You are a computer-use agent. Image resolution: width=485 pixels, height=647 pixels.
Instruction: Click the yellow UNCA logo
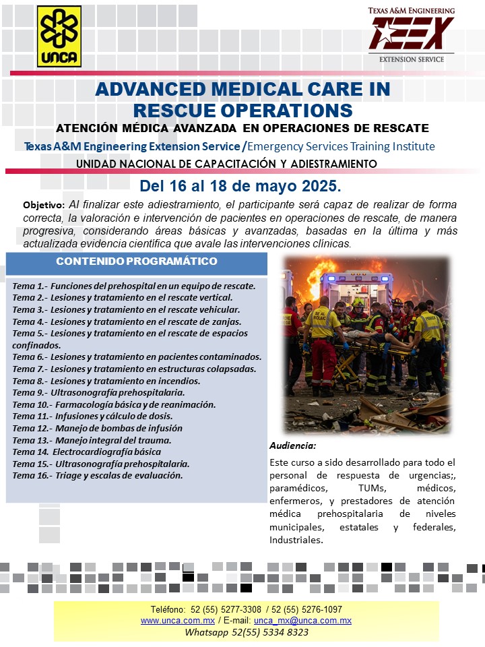(59, 37)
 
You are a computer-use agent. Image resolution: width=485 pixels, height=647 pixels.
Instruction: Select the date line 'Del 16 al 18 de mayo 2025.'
(240, 185)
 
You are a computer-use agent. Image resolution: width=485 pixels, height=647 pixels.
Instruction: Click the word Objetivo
(44, 204)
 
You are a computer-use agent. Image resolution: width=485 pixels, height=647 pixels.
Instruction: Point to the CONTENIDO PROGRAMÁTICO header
(136, 261)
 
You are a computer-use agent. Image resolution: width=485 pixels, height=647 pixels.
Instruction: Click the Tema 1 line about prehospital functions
(133, 286)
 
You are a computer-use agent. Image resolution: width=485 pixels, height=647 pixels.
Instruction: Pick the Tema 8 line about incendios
(106, 381)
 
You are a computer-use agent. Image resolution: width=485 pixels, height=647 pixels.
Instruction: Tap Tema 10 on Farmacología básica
(114, 404)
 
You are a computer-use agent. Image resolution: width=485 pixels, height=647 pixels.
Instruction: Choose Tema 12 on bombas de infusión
(97, 428)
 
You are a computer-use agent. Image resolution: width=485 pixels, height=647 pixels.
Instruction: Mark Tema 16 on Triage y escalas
(97, 475)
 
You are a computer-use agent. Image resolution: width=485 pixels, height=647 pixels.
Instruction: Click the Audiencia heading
(292, 446)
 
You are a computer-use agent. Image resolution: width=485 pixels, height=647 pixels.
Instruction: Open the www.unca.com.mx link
(178, 620)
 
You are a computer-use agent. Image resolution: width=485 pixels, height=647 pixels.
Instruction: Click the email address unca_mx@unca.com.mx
(302, 620)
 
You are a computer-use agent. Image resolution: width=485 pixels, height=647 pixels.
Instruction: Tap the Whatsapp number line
(247, 632)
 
